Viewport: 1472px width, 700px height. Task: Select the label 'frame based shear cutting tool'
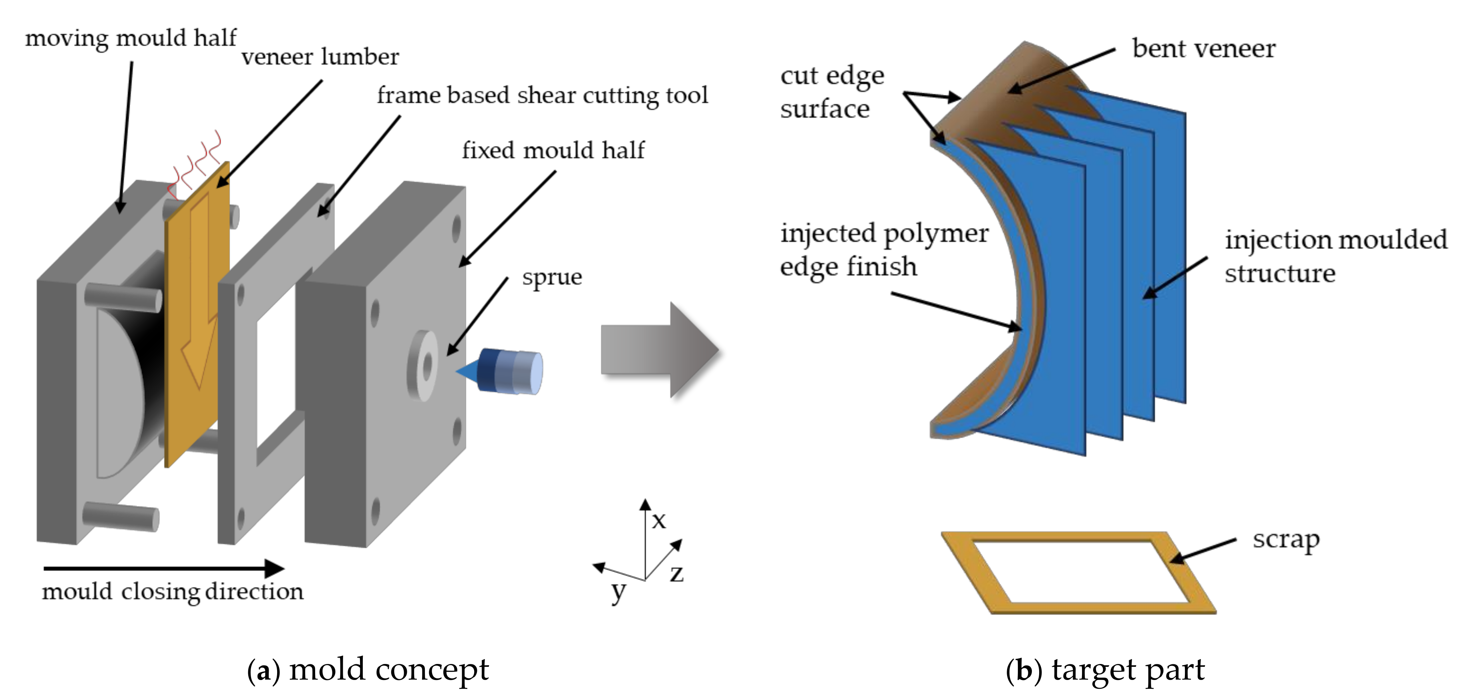pyautogui.click(x=542, y=95)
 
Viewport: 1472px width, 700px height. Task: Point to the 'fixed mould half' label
pyautogui.click(x=553, y=150)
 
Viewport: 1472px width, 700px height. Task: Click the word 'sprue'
pyautogui.click(x=551, y=277)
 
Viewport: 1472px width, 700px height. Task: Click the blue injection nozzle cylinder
pyautogui.click(x=509, y=372)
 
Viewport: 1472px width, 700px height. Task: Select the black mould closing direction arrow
pyautogui.click(x=163, y=568)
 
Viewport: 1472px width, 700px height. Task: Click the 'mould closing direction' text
pyautogui.click(x=173, y=591)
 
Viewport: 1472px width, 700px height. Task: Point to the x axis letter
pyautogui.click(x=659, y=520)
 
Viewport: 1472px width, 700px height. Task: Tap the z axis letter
pyautogui.click(x=677, y=573)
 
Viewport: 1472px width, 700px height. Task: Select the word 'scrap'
pyautogui.click(x=1286, y=539)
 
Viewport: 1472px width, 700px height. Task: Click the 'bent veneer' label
pyautogui.click(x=1203, y=48)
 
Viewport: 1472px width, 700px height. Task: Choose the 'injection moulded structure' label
pyautogui.click(x=1335, y=256)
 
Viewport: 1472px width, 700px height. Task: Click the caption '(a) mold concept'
pyautogui.click(x=368, y=670)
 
